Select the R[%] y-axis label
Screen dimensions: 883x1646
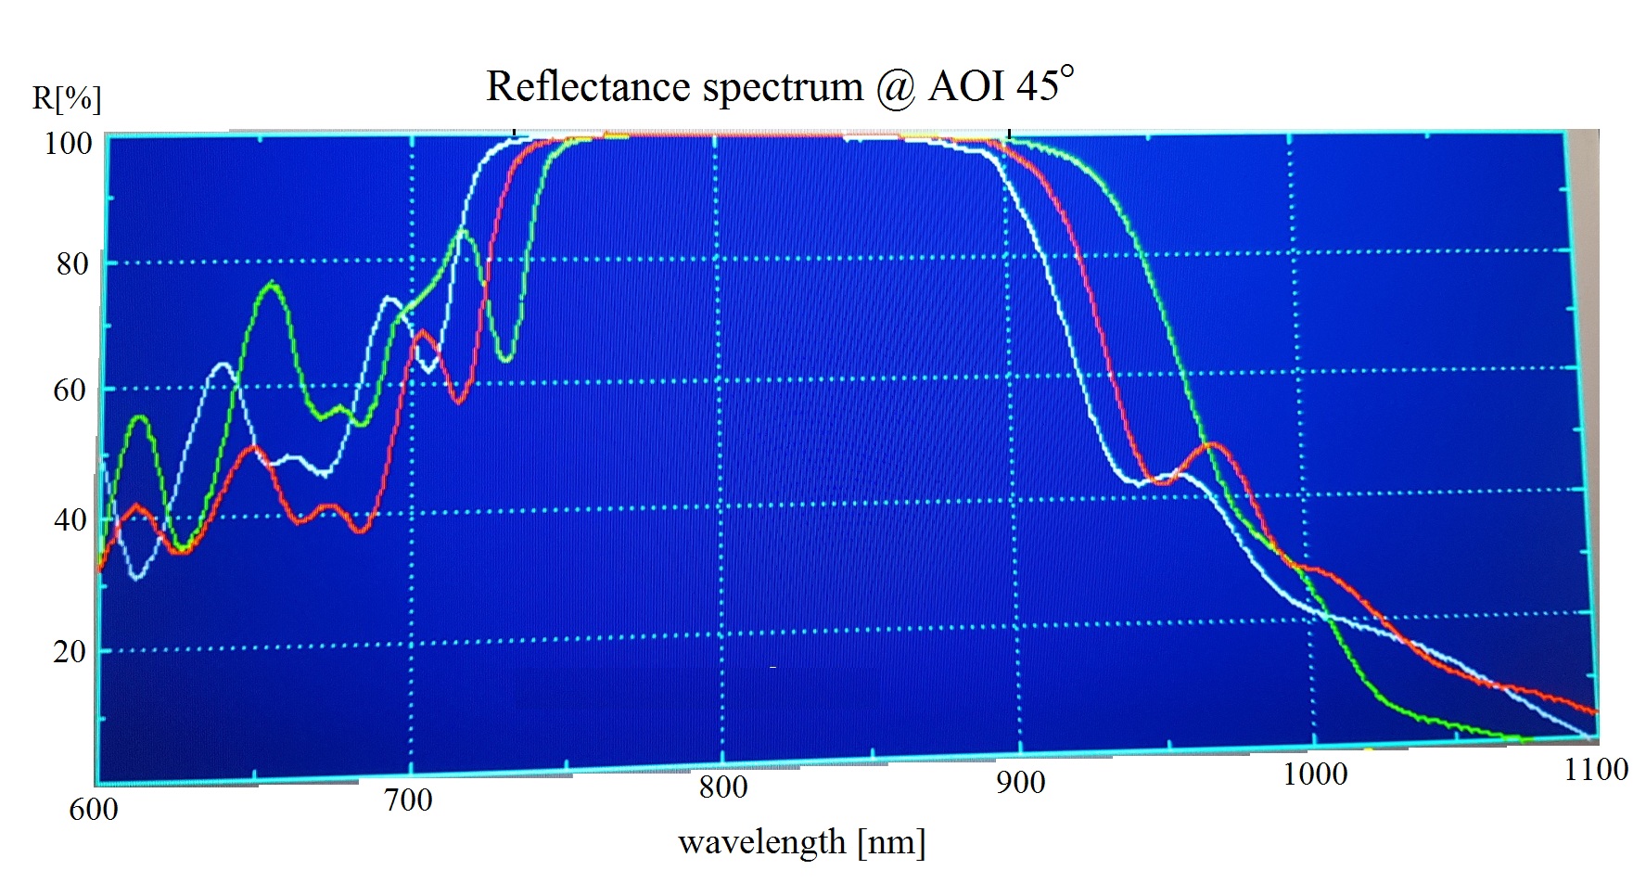pos(67,98)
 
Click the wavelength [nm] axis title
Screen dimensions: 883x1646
pos(802,842)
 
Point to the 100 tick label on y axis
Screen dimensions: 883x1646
pos(69,144)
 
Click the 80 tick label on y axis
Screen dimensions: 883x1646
pos(72,264)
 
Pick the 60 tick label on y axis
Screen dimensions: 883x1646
pos(70,390)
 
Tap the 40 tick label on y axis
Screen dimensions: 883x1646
pos(70,520)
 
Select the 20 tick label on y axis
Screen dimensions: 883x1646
pos(70,652)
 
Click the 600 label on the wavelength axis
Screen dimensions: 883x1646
pos(94,810)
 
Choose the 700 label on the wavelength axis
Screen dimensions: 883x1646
pos(408,800)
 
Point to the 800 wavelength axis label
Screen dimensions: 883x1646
pos(723,787)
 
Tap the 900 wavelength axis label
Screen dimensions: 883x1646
pos(1021,783)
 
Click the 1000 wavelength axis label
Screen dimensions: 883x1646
pos(1315,774)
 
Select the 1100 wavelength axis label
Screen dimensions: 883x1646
pos(1596,770)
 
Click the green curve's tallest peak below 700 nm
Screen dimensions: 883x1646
pos(272,283)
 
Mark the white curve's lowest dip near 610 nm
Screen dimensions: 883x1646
pos(137,578)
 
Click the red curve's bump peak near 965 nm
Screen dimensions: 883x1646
pos(1212,445)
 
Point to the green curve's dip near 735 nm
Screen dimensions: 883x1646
pos(505,359)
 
